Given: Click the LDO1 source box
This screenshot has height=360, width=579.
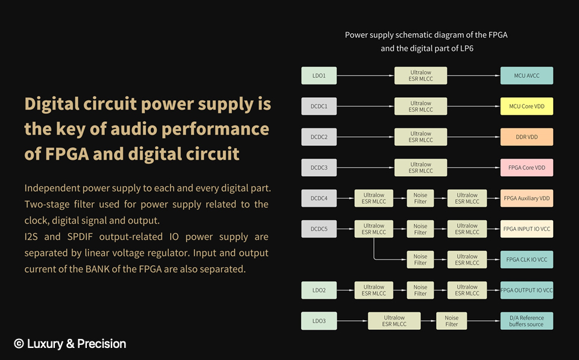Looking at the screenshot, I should tap(319, 76).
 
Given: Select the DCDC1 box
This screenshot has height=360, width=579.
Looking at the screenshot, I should tap(319, 107).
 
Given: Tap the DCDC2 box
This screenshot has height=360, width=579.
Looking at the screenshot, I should tap(319, 137).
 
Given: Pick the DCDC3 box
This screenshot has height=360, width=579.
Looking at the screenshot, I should tap(319, 168).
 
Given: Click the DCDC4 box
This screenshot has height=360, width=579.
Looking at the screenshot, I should tap(319, 198).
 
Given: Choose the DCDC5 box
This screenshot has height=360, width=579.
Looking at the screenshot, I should tap(319, 229).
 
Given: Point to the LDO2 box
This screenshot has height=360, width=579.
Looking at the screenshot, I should tap(319, 290).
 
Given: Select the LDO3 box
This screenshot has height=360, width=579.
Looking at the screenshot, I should tap(319, 321).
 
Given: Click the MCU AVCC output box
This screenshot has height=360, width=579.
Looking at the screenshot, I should tap(527, 76).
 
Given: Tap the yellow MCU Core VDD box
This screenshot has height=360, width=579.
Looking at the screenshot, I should tap(527, 107).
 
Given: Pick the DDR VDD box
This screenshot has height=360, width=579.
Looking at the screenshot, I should tap(527, 137).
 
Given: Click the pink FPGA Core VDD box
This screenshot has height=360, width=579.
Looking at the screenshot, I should tap(527, 168).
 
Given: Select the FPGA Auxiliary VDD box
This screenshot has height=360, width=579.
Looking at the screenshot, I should tap(527, 198).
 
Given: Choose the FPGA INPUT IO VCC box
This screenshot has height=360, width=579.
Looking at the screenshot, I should tap(527, 229).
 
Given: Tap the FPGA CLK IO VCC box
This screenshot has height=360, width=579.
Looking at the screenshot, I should tap(527, 260).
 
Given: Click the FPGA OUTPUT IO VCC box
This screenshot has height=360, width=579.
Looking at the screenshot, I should tap(527, 290).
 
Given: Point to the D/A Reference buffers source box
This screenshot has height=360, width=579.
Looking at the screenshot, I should tap(527, 321).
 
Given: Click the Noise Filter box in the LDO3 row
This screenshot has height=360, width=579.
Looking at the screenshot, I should tap(451, 321).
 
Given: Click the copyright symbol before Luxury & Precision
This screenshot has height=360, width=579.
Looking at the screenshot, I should tap(19, 344).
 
